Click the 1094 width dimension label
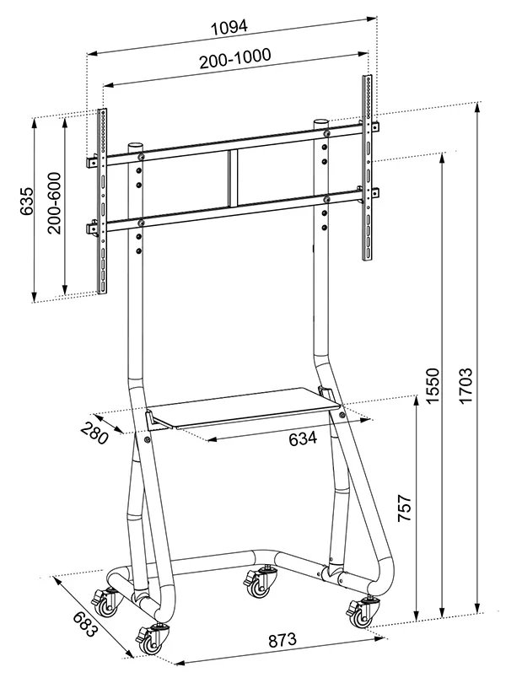point(229,26)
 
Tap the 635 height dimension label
point(26,202)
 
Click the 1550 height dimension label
point(432,385)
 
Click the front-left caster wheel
point(150,638)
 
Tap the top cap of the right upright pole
point(320,122)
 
